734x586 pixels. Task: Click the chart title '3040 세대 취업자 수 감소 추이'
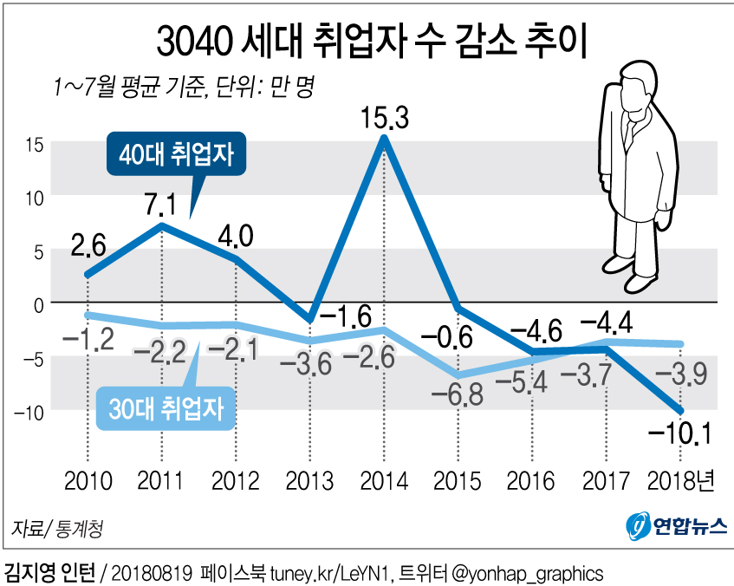(x=367, y=42)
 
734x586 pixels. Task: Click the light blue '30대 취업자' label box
(x=166, y=408)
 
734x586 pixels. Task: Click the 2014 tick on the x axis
(x=384, y=480)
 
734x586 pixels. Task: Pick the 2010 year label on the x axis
(x=87, y=480)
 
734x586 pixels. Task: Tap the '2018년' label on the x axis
(x=682, y=480)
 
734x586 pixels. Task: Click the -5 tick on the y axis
(x=33, y=356)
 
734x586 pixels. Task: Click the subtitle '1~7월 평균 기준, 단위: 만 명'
(x=183, y=87)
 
